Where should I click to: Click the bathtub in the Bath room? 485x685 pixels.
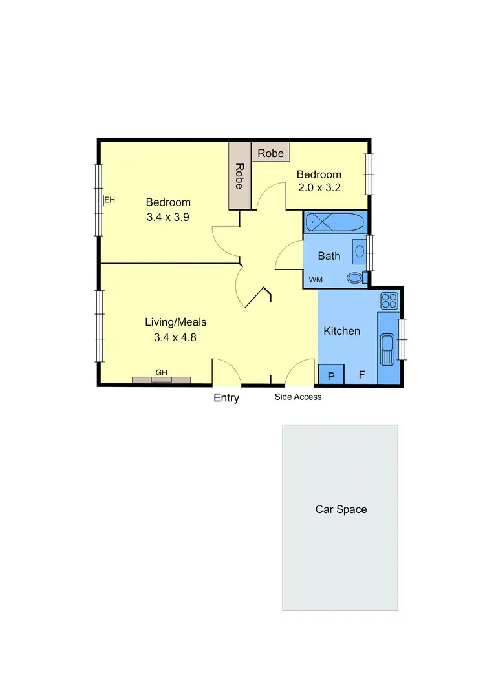pyautogui.click(x=335, y=223)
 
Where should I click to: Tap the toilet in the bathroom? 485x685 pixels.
pyautogui.click(x=355, y=279)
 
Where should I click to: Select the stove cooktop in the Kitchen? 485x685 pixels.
pyautogui.click(x=389, y=300)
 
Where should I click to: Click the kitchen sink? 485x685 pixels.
pyautogui.click(x=387, y=349)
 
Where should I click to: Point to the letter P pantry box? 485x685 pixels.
pyautogui.click(x=331, y=375)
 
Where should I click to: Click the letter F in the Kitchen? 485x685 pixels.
pyautogui.click(x=362, y=375)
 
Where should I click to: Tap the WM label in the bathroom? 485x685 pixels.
pyautogui.click(x=316, y=280)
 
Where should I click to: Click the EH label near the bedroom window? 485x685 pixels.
pyautogui.click(x=110, y=200)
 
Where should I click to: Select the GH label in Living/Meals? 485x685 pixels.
pyautogui.click(x=161, y=373)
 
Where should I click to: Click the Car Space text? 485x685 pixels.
pyautogui.click(x=341, y=509)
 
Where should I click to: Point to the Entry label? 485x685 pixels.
pyautogui.click(x=226, y=398)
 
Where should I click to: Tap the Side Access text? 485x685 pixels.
pyautogui.click(x=298, y=397)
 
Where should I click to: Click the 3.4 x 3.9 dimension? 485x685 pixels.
pyautogui.click(x=167, y=217)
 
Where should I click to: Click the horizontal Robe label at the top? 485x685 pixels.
pyautogui.click(x=271, y=153)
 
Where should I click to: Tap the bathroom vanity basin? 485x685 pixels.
pyautogui.click(x=359, y=251)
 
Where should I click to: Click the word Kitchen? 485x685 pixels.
pyautogui.click(x=341, y=331)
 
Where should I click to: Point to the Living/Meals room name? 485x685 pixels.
pyautogui.click(x=175, y=322)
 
